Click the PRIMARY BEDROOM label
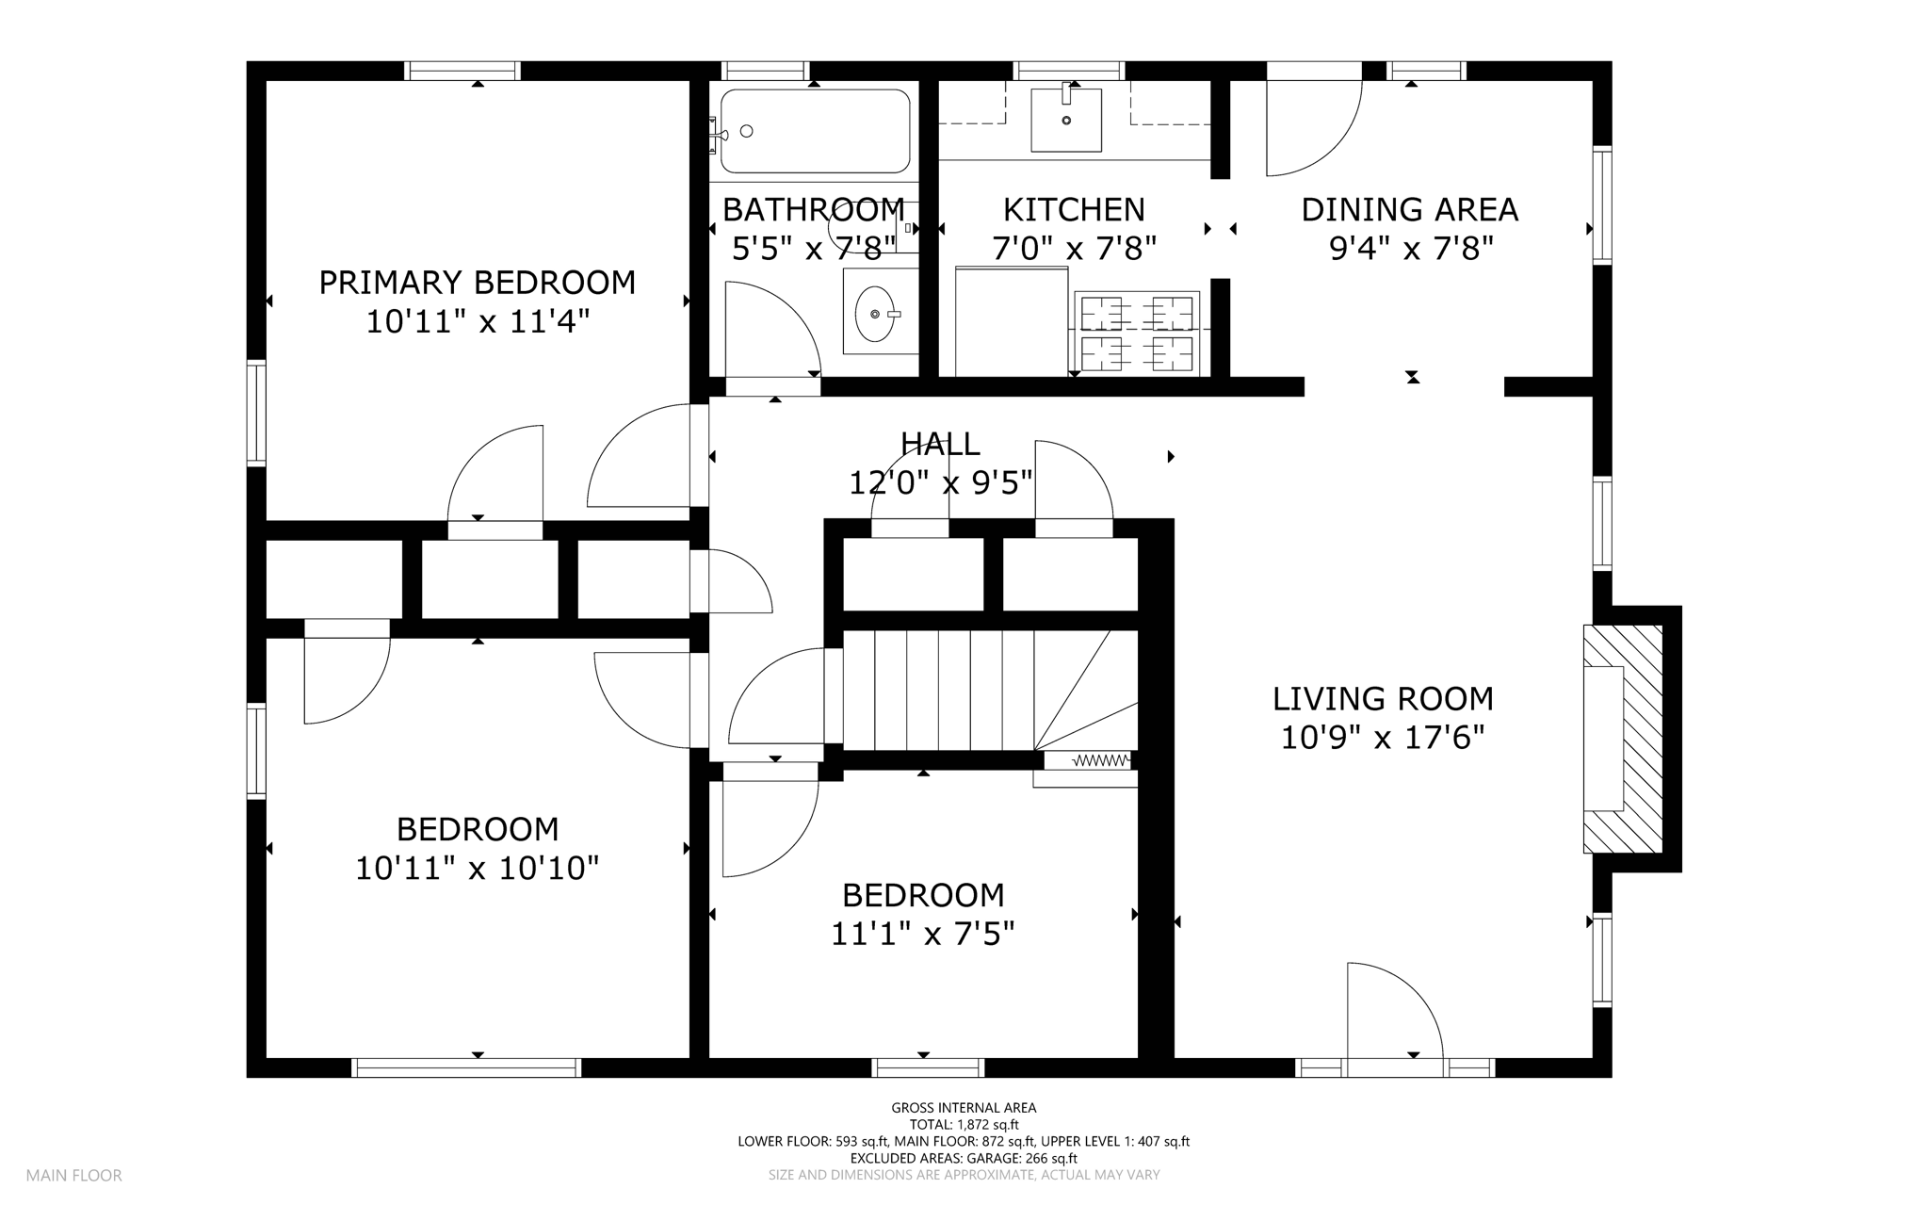click(478, 283)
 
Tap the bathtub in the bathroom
click(816, 131)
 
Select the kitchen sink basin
click(1066, 121)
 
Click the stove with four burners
click(1137, 333)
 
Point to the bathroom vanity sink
click(876, 313)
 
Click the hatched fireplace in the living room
click(1623, 739)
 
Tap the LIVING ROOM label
click(1383, 699)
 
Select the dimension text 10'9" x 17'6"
click(1383, 738)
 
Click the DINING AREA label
click(1410, 209)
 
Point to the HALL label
click(940, 443)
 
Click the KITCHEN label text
click(1074, 209)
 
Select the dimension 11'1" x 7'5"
click(923, 934)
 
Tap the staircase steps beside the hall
click(990, 690)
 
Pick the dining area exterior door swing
click(1314, 128)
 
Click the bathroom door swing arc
click(772, 329)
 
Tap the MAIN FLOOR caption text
click(74, 1176)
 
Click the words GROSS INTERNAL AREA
click(964, 1108)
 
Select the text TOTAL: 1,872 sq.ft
click(964, 1125)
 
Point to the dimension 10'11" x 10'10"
click(478, 869)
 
